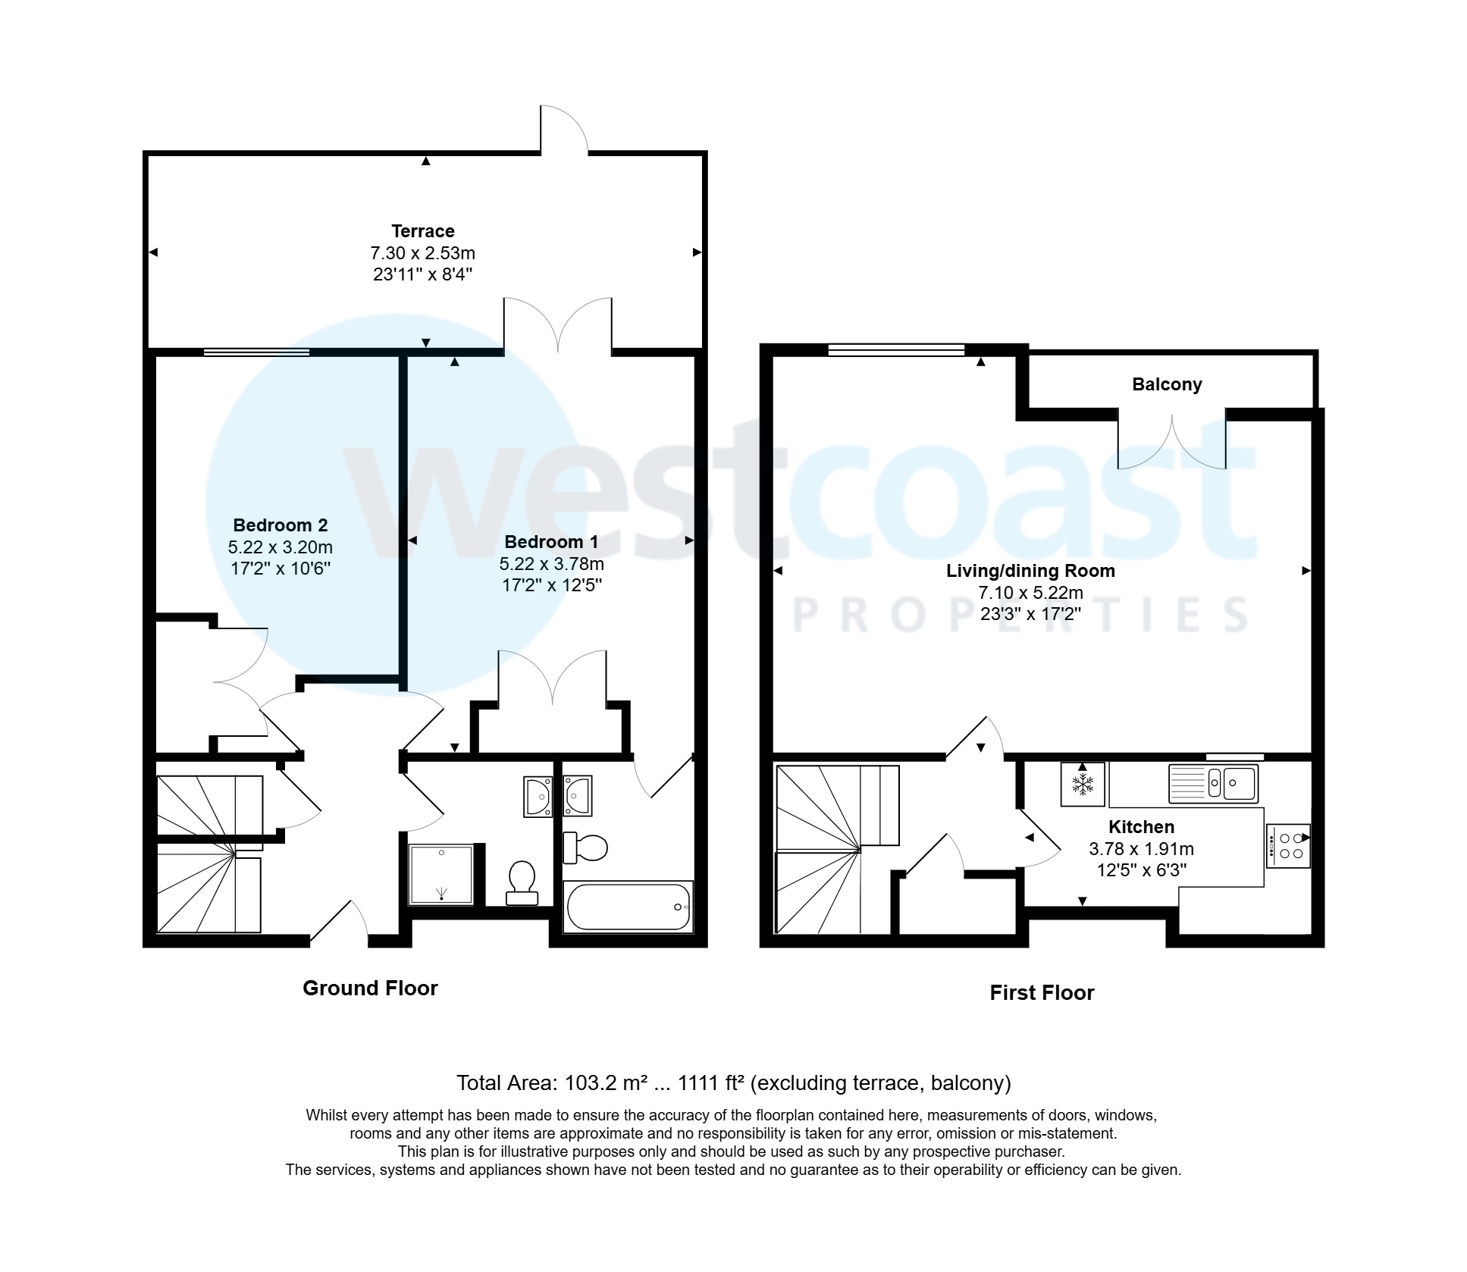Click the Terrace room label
tap(422, 231)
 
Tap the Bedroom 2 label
tap(280, 525)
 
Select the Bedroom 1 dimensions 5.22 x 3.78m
tap(551, 564)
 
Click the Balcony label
tap(1166, 384)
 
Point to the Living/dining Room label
tap(1030, 571)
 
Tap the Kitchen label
tap(1140, 827)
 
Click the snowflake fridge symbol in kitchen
tap(1082, 784)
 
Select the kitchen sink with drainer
tap(1212, 783)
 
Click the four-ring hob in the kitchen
tap(1287, 846)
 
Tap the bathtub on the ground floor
tap(628, 907)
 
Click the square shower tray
tap(441, 875)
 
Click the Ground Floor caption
tap(370, 988)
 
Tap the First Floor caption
tap(1041, 993)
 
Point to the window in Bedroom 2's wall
tap(256, 352)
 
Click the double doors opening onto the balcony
tap(1171, 441)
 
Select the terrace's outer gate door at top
tap(564, 131)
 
